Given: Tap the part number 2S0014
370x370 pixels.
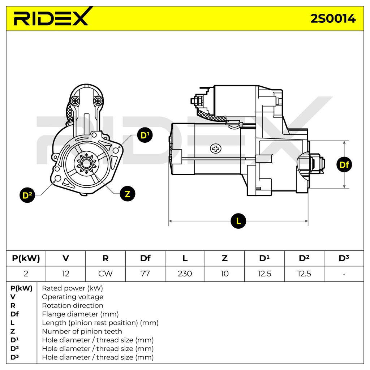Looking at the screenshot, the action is pyautogui.click(x=333, y=19).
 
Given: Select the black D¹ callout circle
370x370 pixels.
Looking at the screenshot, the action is pyautogui.click(x=145, y=135).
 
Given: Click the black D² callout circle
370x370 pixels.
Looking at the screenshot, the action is pyautogui.click(x=27, y=195).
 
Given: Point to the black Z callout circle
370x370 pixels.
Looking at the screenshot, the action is pyautogui.click(x=128, y=194).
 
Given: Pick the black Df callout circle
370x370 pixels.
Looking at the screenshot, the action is pyautogui.click(x=344, y=164).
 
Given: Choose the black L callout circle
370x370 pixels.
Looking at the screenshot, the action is pyautogui.click(x=238, y=221).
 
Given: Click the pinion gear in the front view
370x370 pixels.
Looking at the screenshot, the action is pyautogui.click(x=86, y=163).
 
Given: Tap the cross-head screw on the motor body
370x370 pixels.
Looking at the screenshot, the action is pyautogui.click(x=216, y=149).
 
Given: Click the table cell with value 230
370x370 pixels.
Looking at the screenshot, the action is pyautogui.click(x=185, y=274).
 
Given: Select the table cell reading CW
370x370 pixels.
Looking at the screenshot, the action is pyautogui.click(x=105, y=274).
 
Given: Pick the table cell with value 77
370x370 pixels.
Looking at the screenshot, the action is pyautogui.click(x=145, y=274).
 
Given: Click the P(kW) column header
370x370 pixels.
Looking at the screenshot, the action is pyautogui.click(x=26, y=258).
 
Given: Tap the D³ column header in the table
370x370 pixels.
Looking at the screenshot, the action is pyautogui.click(x=344, y=258).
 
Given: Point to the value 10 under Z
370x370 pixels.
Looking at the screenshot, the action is pyautogui.click(x=224, y=274).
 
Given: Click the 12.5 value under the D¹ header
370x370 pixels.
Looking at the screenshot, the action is pyautogui.click(x=264, y=274).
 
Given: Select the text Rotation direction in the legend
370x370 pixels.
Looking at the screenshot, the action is pyautogui.click(x=72, y=305).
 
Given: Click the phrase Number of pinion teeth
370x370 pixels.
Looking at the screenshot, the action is pyautogui.click(x=82, y=331).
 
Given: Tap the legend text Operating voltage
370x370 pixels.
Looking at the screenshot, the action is pyautogui.click(x=73, y=297).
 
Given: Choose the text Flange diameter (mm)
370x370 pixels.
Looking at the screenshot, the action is pyautogui.click(x=80, y=314).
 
